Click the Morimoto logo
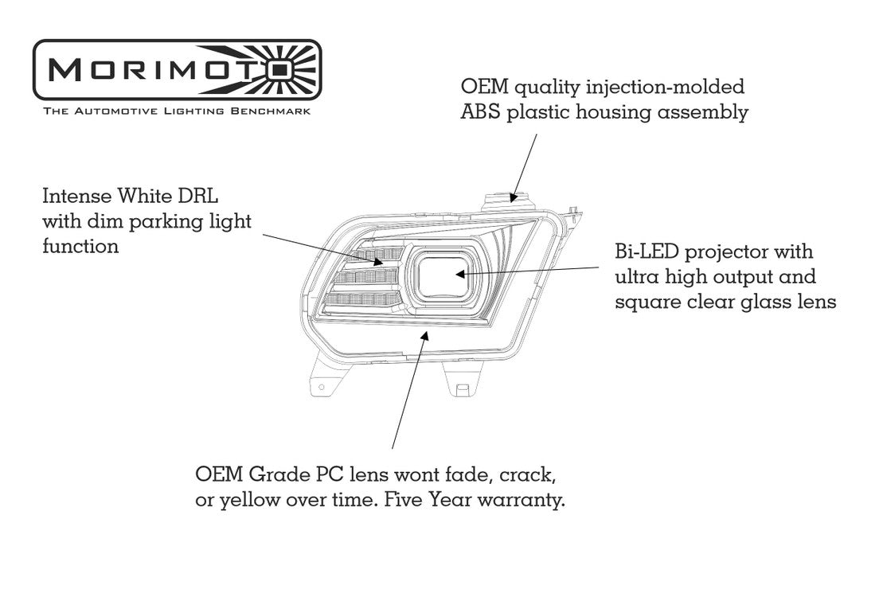pos(176,69)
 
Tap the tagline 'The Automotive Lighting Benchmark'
pos(177,111)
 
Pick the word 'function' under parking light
pos(80,246)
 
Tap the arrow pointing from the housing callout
pos(526,159)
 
